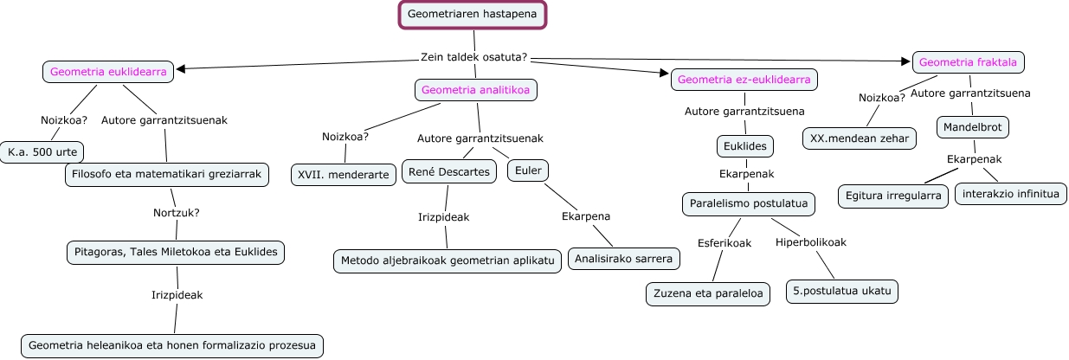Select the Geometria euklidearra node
coord(108,73)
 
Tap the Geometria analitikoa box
coord(476,89)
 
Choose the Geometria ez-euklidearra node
coord(744,80)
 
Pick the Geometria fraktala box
coord(969,62)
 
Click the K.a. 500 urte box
coord(42,152)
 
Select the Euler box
coord(528,170)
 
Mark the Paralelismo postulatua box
coord(748,204)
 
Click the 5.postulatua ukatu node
coord(841,291)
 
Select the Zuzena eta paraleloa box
coord(708,293)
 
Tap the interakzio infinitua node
coord(1010,194)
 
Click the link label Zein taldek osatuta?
coord(473,58)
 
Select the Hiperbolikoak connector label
coord(810,242)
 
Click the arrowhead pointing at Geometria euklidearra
coord(181,69)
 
